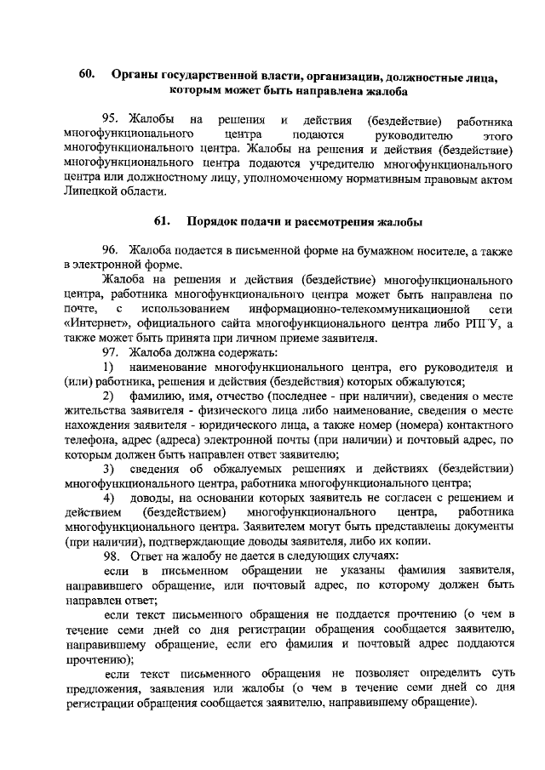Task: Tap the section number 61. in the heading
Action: pos(164,222)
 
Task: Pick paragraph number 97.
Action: pos(113,352)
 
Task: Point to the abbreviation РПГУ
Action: pos(485,324)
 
